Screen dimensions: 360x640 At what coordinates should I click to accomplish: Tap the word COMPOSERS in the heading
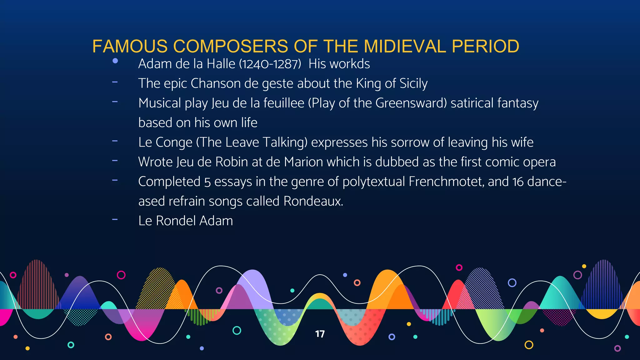click(x=230, y=46)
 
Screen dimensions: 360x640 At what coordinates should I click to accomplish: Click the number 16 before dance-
click(x=518, y=182)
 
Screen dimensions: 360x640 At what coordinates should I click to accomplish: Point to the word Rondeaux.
click(x=313, y=201)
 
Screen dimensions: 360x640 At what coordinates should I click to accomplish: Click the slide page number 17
click(x=320, y=334)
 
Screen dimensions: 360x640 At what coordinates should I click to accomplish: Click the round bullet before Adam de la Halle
click(x=115, y=61)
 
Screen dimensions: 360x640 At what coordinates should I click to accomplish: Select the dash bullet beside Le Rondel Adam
click(x=115, y=220)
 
